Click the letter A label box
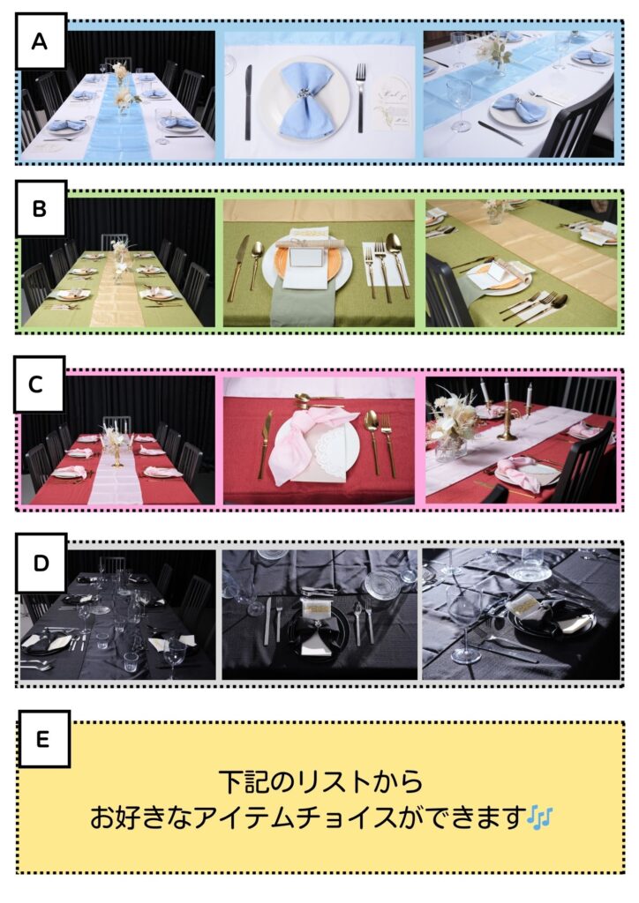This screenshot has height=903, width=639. [x=41, y=41]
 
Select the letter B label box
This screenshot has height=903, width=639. [x=41, y=208]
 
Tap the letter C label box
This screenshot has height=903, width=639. [x=39, y=384]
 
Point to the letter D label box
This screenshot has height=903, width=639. [x=41, y=563]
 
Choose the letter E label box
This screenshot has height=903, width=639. [x=44, y=739]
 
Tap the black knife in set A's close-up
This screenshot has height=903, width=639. [x=248, y=102]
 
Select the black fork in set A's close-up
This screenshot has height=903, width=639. [x=360, y=97]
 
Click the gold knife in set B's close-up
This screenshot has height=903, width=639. [x=237, y=267]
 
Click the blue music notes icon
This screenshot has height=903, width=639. [x=540, y=817]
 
